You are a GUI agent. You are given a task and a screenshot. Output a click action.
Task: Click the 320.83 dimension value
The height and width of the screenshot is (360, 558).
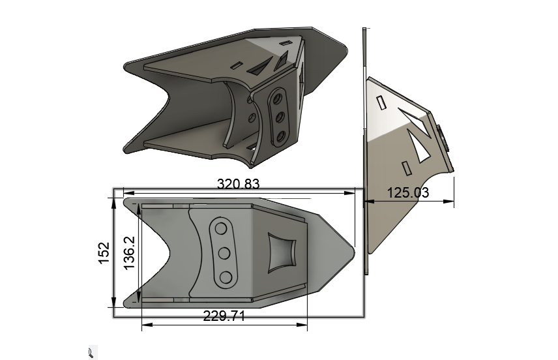coord(238,185)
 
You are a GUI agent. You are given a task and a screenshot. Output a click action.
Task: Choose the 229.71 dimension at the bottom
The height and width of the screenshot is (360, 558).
coord(224,316)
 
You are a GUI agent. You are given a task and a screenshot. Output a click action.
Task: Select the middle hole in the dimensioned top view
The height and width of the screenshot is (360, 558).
coord(224,253)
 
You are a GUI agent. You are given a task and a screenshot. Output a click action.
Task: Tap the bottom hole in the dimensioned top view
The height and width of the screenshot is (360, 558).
coord(226,278)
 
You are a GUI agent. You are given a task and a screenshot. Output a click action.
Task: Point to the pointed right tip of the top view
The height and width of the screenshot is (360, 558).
coord(353,249)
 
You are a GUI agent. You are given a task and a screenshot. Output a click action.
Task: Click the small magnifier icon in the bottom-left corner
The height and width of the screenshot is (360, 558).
coord(91,353)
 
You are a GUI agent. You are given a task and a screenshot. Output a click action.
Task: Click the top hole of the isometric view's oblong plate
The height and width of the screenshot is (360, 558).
coord(278,97)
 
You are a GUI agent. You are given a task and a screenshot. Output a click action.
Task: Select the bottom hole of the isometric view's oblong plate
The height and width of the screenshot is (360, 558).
coord(282,137)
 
